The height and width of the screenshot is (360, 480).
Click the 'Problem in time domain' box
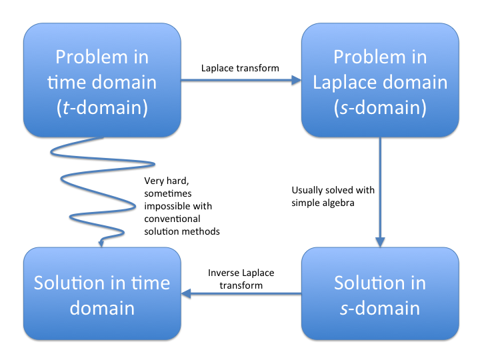pyautogui.click(x=102, y=81)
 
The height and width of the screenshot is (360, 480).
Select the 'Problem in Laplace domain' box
pyautogui.click(x=380, y=81)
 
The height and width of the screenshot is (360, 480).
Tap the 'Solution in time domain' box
pyautogui.click(x=102, y=294)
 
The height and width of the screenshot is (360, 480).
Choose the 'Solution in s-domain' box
pyautogui.click(x=380, y=294)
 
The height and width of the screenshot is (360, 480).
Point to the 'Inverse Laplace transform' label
pyautogui.click(x=241, y=279)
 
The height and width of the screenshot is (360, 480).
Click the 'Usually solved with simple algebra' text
pyautogui.click(x=333, y=196)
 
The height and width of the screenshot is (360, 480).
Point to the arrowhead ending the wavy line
pyautogui.click(x=101, y=243)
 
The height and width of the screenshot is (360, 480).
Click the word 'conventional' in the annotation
pyautogui.click(x=172, y=218)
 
